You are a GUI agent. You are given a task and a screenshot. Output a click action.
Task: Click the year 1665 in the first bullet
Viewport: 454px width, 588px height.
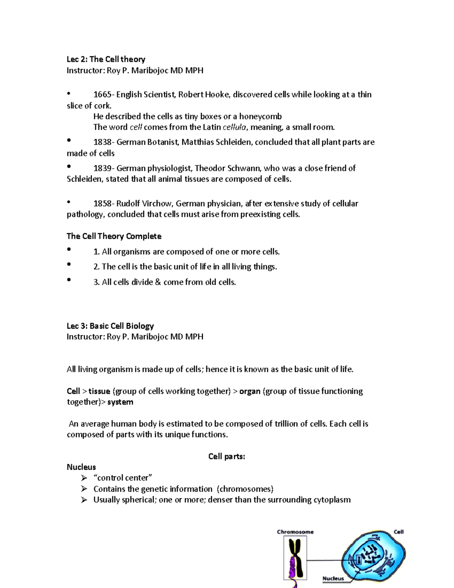coord(102,95)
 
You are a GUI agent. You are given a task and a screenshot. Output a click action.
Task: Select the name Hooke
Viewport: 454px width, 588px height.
coord(217,95)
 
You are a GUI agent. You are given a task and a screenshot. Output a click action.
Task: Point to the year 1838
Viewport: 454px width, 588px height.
coord(102,142)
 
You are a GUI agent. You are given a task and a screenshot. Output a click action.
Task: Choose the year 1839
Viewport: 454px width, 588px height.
coord(102,168)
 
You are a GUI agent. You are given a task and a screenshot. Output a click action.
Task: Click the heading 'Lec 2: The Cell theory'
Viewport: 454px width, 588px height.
coord(106,59)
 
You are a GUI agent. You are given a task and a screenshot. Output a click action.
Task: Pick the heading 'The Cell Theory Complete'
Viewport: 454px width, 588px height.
coord(114,236)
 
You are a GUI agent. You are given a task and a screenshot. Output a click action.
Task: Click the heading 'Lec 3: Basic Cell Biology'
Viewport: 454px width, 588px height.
coord(110,326)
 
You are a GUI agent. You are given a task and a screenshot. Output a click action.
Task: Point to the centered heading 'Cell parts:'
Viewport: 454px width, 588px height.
coord(227,457)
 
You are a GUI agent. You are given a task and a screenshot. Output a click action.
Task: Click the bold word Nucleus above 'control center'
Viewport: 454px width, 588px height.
coord(81,467)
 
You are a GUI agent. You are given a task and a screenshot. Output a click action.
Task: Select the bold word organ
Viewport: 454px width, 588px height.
coord(250,391)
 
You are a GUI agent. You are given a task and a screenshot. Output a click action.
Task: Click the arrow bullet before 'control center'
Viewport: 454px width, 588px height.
coord(84,478)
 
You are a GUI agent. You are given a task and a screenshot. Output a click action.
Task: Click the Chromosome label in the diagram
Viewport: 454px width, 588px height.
coord(295,532)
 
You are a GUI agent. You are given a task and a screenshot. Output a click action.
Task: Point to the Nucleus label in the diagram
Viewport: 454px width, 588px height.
coord(333,578)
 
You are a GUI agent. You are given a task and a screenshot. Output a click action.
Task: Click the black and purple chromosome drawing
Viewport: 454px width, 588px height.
coord(295,560)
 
